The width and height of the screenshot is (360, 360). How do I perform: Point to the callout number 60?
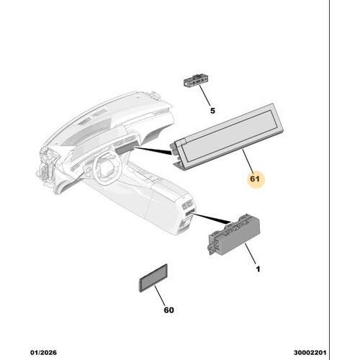tap(168, 310)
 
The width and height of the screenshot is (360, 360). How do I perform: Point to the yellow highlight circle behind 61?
tap(257, 178)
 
